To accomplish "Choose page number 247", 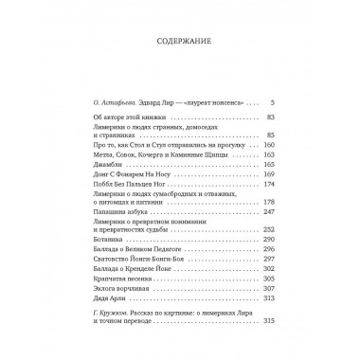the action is pos(268,216).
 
